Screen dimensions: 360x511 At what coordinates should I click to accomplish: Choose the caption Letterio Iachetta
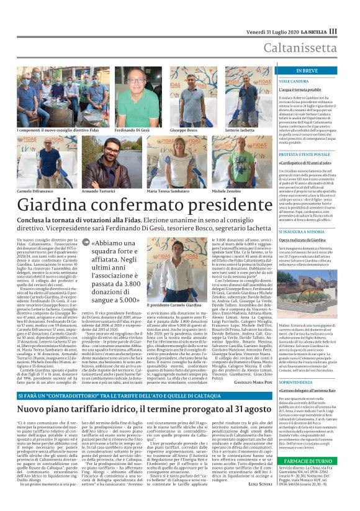tap(239, 131)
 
